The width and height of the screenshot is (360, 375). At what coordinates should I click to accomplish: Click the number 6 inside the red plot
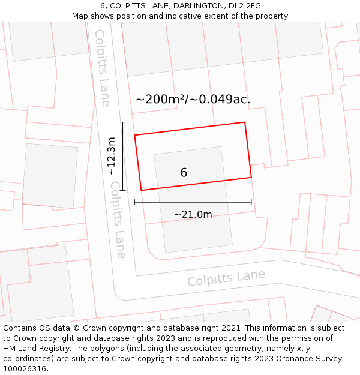(x=184, y=173)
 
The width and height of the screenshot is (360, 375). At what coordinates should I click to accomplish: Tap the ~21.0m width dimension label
(x=193, y=215)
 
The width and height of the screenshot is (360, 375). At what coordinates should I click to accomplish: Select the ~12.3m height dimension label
(x=112, y=156)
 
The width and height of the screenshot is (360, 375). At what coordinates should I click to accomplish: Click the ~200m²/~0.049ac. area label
(x=193, y=100)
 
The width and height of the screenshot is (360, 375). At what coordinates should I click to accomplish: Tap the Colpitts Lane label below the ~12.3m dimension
(x=118, y=220)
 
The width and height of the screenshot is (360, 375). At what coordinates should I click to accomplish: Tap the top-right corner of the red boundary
(x=245, y=122)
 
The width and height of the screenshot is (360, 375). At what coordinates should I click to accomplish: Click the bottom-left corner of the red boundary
(x=141, y=190)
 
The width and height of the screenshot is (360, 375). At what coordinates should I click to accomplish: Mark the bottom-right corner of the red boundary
(x=251, y=177)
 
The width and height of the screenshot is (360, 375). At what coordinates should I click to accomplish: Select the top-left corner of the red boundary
(x=134, y=135)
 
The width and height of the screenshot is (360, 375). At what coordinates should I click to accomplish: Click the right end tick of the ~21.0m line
(x=251, y=203)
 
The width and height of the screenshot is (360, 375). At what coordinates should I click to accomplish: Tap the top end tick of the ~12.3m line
(x=123, y=122)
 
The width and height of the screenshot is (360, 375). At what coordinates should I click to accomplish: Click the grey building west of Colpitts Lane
(x=50, y=175)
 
